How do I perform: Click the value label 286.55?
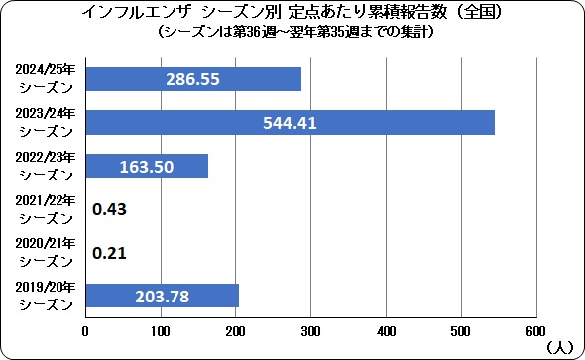point(193,79)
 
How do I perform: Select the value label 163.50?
point(147,166)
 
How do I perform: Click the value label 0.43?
point(108,209)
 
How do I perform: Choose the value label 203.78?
point(162,296)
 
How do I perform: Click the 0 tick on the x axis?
point(86,330)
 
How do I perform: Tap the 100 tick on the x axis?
point(161,330)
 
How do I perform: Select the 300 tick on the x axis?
point(311,330)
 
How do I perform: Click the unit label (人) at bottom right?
point(558,347)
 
